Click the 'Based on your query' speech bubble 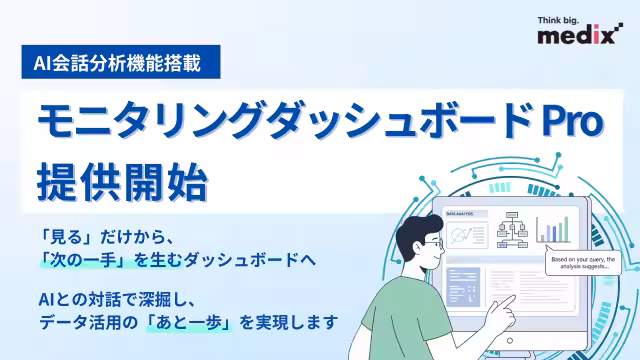(x=585, y=264)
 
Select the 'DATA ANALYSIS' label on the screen (x=462, y=214)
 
